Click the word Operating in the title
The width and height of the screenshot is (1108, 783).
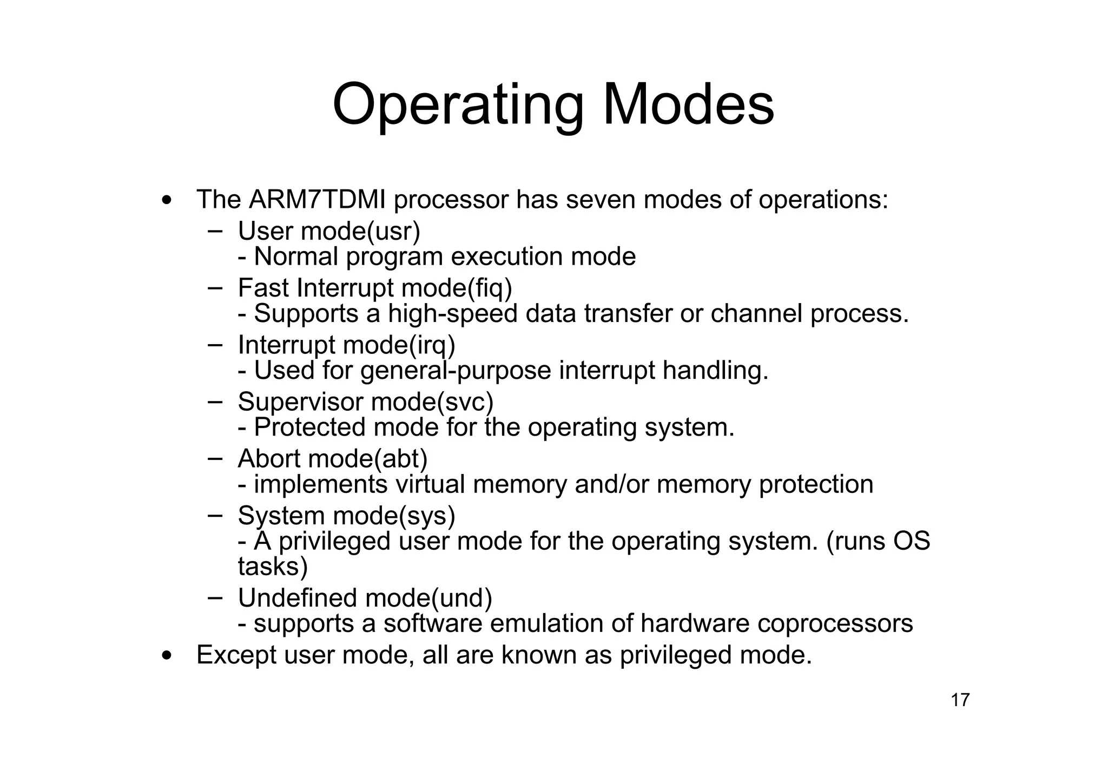458,105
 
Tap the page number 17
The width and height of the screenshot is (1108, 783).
960,700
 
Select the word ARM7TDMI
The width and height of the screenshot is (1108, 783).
318,200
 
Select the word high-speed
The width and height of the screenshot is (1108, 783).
453,314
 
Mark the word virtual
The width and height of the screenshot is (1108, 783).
430,484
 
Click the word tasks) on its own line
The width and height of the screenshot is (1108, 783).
273,567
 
